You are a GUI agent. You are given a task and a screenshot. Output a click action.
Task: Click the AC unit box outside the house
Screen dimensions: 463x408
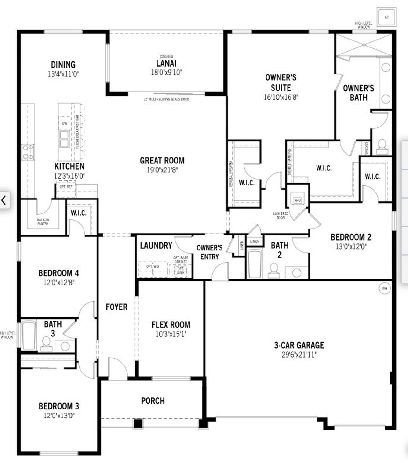pos(387,17)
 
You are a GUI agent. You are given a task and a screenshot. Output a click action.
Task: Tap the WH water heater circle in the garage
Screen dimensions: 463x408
pos(384,288)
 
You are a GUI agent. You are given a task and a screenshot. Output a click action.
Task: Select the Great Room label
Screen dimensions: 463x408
pos(162,160)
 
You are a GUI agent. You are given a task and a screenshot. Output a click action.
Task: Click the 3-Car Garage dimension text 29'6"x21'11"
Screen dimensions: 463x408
pos(299,355)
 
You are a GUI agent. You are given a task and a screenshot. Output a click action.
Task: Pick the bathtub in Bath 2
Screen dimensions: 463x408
pos(254,264)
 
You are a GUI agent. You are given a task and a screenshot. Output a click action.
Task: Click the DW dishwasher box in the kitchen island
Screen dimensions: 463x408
pos(65,123)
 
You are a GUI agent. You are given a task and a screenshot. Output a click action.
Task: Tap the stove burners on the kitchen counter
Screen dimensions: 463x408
pos(28,152)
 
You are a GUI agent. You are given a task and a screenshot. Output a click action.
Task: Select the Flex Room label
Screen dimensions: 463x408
pos(171,325)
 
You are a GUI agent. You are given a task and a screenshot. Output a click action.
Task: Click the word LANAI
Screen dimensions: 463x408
pos(166,63)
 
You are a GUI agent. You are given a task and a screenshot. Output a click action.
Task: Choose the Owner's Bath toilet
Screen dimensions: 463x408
pos(382,146)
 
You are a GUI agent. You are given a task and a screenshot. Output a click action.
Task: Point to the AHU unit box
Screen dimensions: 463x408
pos(297,200)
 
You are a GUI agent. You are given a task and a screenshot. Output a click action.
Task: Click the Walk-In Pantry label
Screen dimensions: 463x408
pos(43,222)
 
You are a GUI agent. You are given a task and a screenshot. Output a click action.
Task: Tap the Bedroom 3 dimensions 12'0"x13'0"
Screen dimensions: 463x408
pos(59,416)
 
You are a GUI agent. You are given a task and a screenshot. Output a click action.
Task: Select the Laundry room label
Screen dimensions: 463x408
pos(156,245)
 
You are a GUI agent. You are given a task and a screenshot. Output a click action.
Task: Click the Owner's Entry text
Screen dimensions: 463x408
pos(209,252)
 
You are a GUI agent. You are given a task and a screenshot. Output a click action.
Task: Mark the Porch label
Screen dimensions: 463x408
pos(153,401)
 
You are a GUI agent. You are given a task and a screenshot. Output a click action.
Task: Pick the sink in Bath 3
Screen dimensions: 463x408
pos(65,346)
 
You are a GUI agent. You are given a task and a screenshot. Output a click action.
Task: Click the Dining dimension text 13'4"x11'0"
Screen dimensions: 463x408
pos(63,74)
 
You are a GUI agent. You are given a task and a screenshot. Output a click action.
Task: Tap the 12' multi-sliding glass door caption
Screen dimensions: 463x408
pos(166,99)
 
